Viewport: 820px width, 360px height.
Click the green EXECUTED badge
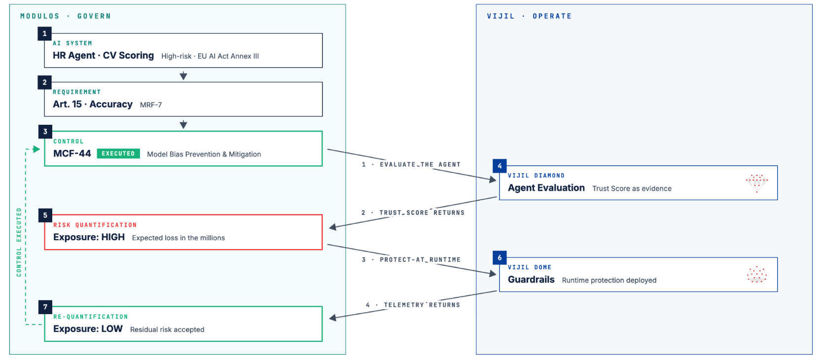(x=118, y=153)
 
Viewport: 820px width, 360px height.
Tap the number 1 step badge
(x=44, y=34)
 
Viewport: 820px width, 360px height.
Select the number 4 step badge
(x=499, y=166)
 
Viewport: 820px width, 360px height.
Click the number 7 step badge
(x=45, y=307)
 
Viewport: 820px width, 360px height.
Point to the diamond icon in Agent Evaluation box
(x=757, y=183)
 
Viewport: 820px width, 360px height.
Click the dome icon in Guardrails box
(x=757, y=275)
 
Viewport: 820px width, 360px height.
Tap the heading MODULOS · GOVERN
(x=66, y=16)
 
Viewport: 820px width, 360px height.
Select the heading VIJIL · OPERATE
(x=529, y=16)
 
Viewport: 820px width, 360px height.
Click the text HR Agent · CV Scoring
(x=103, y=55)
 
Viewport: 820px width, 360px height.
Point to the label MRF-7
(x=151, y=105)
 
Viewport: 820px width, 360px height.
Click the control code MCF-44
(x=72, y=153)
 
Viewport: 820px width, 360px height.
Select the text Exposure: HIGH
(x=89, y=237)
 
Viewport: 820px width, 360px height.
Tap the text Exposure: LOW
(x=88, y=329)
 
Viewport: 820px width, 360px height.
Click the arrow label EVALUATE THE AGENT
(x=420, y=164)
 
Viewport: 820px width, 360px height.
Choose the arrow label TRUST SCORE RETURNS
(x=422, y=213)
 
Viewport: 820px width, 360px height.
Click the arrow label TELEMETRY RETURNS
(x=422, y=305)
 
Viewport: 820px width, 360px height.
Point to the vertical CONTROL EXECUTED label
(x=19, y=242)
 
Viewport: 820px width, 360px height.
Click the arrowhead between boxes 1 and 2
(x=183, y=76)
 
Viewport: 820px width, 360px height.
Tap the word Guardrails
(x=531, y=280)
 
